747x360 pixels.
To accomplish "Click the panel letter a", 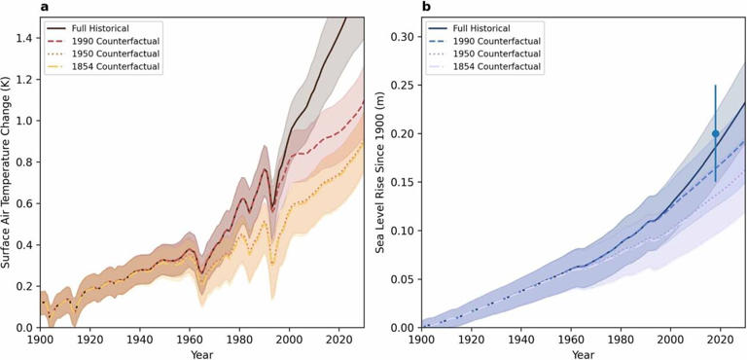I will [45, 8].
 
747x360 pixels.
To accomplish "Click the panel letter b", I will [426, 8].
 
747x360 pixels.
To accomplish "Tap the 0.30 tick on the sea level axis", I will [401, 37].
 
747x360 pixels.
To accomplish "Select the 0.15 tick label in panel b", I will [401, 182].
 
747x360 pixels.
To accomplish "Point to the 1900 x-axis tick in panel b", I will [421, 341].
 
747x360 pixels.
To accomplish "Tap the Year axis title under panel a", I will [203, 354].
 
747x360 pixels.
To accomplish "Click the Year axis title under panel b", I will [584, 354].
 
